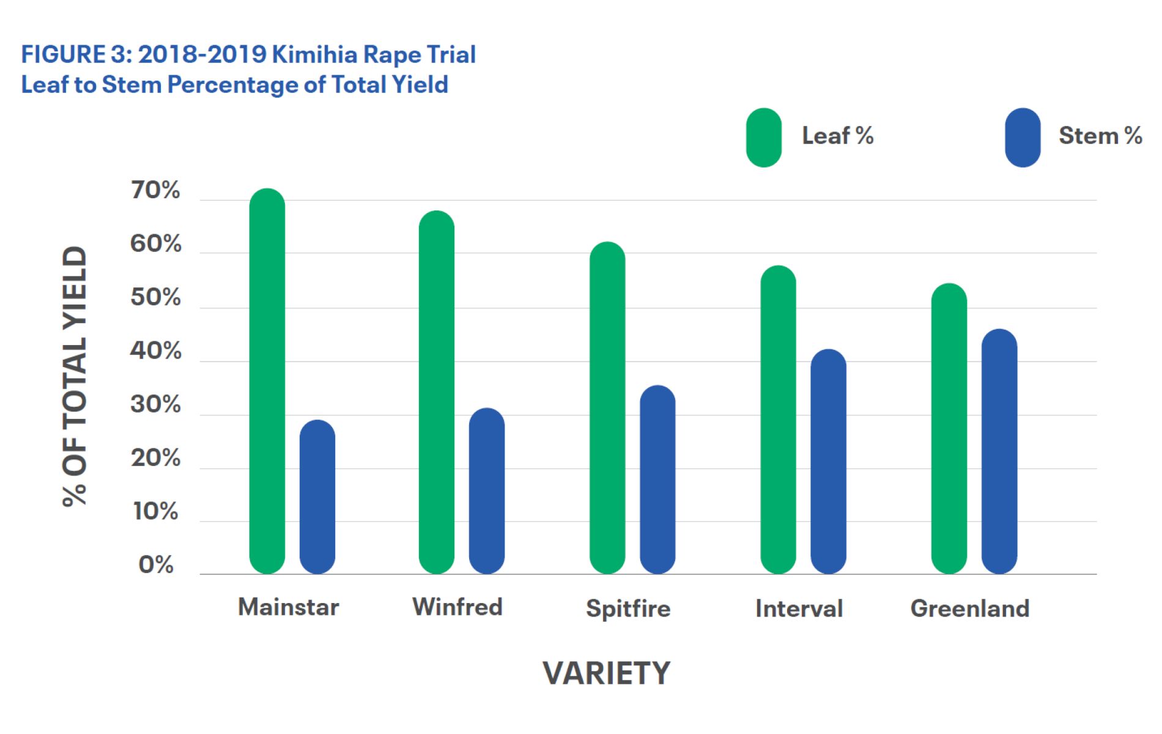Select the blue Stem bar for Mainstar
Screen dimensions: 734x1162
coord(317,497)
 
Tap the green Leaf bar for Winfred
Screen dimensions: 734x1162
coord(437,392)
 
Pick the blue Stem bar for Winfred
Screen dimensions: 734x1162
coord(487,491)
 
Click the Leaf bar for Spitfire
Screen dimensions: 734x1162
coord(607,408)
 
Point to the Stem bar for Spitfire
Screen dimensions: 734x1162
coord(657,480)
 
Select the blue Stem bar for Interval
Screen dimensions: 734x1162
coord(828,461)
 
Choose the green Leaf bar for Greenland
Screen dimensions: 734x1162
coord(949,428)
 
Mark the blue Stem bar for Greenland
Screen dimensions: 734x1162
coord(999,451)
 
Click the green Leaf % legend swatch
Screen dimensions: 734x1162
coord(764,138)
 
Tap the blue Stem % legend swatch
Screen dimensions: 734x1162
coord(1023,138)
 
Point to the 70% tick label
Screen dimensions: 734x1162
coord(155,190)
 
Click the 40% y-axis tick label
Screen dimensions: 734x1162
coord(155,351)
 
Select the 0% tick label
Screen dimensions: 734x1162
coord(156,565)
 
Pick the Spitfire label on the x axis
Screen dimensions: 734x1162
coord(628,609)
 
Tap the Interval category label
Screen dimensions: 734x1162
coord(799,609)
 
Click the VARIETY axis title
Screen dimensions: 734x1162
coord(606,673)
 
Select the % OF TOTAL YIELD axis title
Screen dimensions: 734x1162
coord(75,376)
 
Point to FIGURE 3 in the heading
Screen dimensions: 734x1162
coord(76,54)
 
